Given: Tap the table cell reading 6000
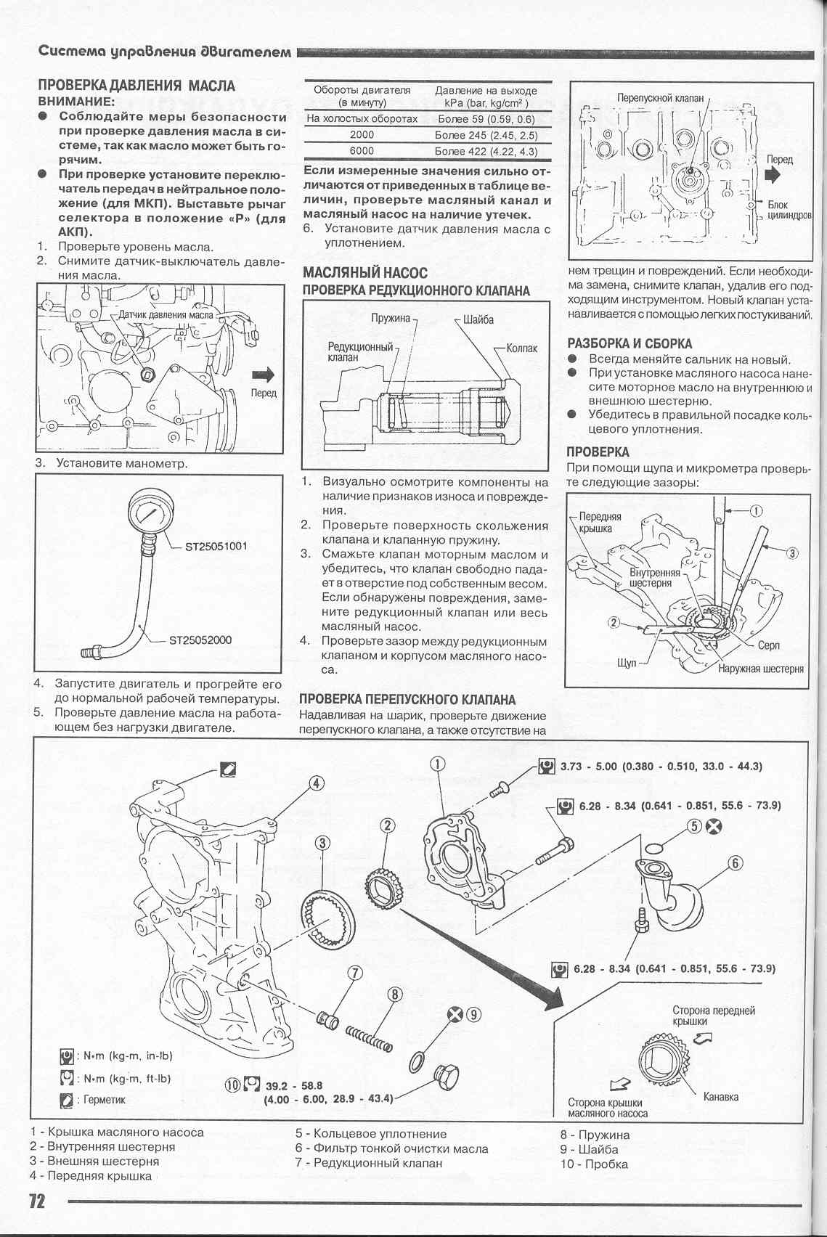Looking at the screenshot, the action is [362, 151].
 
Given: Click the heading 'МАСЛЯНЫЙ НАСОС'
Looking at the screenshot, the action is [364, 273].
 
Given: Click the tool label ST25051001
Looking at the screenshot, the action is [216, 546].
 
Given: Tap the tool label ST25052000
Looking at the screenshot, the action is [200, 640].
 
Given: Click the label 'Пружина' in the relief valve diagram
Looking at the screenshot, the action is [390, 319].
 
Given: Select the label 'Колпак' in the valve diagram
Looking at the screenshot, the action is [521, 348].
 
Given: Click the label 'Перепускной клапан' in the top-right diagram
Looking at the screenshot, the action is [660, 97].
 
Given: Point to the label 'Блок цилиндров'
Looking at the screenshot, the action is [788, 211].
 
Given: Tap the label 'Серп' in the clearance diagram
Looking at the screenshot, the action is [768, 645].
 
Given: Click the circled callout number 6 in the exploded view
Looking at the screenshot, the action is [735, 863].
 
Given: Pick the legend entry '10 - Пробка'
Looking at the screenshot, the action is [594, 1164].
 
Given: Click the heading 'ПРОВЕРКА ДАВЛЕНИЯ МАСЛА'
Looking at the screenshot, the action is [137, 86].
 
